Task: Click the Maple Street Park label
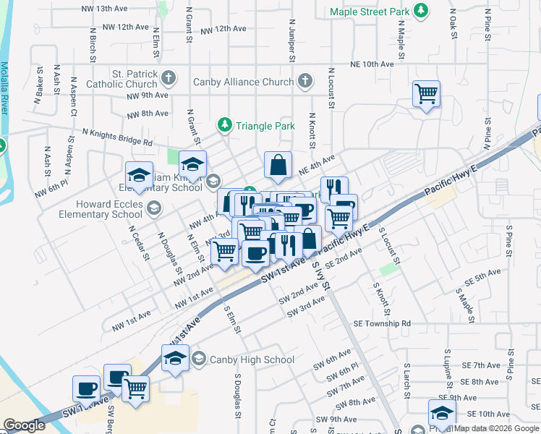pyautogui.click(x=369, y=12)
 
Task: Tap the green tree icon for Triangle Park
pyautogui.click(x=225, y=125)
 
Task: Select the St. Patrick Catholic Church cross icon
pyautogui.click(x=168, y=77)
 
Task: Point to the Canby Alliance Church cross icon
pyautogui.click(x=305, y=81)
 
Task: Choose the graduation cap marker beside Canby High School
pyautogui.click(x=175, y=358)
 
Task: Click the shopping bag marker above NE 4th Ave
pyautogui.click(x=278, y=165)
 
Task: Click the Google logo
pyautogui.click(x=24, y=425)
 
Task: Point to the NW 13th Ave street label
pyautogui.click(x=101, y=9)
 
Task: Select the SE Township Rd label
pyautogui.click(x=383, y=324)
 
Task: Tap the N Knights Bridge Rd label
pyautogui.click(x=117, y=137)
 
